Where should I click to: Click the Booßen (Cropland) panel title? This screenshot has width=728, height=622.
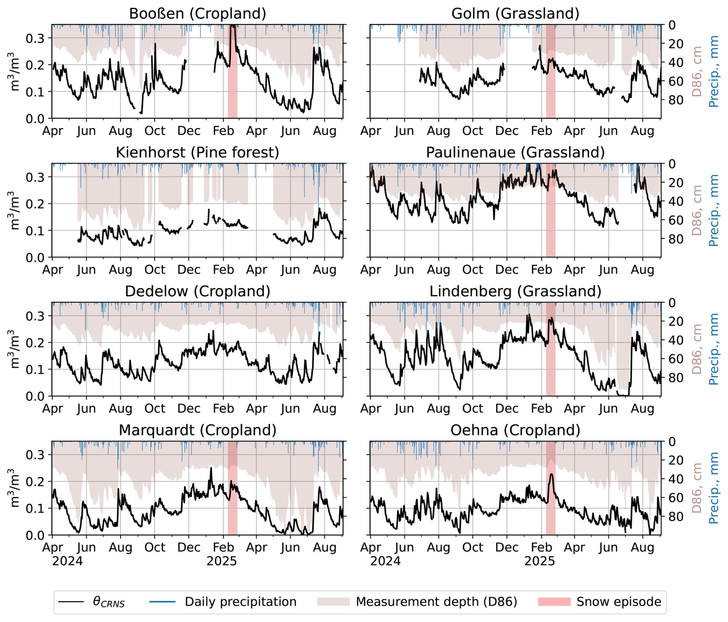[197, 13]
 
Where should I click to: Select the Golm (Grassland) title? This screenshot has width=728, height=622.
[515, 13]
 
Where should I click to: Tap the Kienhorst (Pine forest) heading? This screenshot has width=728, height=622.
[197, 152]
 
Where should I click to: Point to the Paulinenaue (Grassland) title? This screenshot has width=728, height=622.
[515, 152]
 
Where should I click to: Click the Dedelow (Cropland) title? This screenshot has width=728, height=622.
[197, 291]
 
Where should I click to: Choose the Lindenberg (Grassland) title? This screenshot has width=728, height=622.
[515, 291]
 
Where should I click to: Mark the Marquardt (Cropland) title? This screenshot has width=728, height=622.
[197, 430]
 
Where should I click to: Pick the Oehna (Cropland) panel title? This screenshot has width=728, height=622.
[515, 430]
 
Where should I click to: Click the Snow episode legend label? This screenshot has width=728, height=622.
[618, 602]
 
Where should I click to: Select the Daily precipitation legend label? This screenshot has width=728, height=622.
[240, 602]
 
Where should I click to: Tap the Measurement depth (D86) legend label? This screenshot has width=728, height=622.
[436, 602]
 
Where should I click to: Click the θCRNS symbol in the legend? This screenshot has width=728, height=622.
[109, 602]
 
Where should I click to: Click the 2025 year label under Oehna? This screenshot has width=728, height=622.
[539, 561]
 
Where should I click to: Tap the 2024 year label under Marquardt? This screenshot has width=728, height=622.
[67, 561]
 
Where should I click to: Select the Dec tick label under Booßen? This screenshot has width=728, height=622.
[189, 131]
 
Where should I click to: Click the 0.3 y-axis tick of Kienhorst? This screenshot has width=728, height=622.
[35, 177]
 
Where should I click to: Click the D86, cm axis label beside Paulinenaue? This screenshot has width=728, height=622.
[696, 210]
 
